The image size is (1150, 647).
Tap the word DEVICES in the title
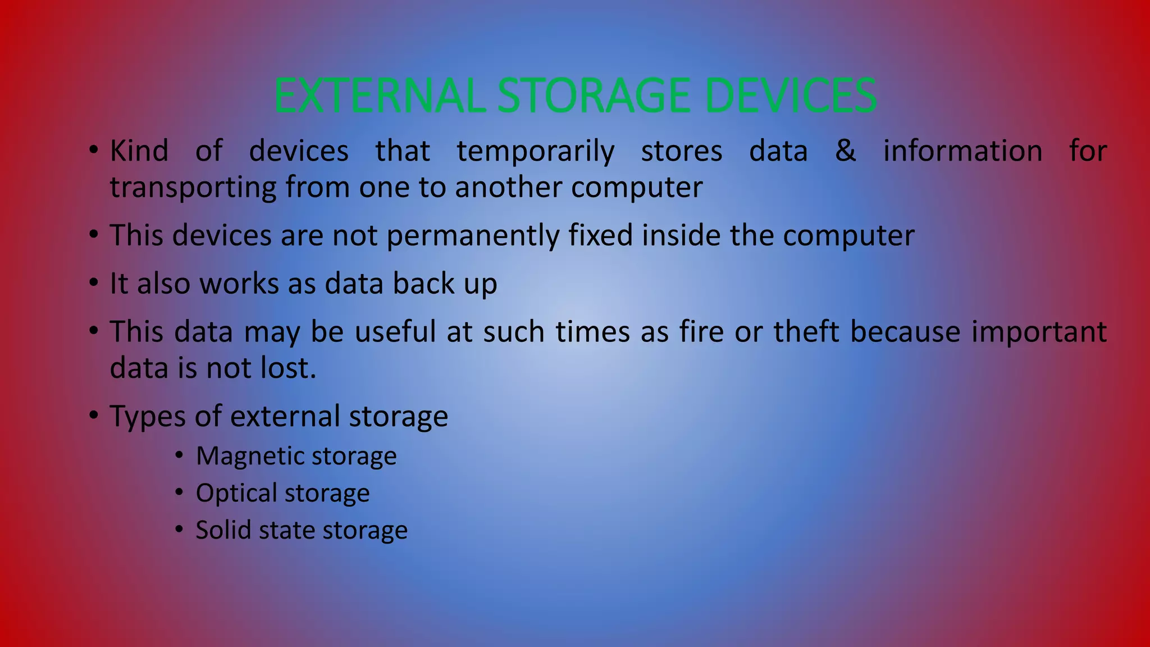(x=790, y=96)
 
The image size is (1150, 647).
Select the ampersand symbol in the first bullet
(x=846, y=151)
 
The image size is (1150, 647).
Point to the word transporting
(x=193, y=188)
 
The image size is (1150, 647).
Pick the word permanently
(x=473, y=235)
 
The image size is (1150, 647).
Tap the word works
(x=239, y=283)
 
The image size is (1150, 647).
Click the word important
(x=1039, y=332)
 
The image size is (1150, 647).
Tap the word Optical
(x=236, y=493)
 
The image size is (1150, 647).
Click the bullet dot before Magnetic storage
(x=179, y=455)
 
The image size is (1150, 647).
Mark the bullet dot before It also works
(x=94, y=283)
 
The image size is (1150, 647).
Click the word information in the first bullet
(x=962, y=151)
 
